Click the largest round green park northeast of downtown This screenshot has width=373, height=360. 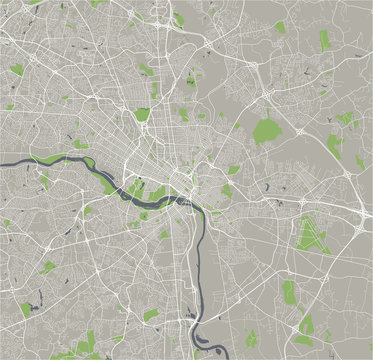[265, 130]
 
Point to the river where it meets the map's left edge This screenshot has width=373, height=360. [3, 163]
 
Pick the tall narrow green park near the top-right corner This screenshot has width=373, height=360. [324, 40]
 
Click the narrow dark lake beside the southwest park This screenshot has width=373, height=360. [38, 297]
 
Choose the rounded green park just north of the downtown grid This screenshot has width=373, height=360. [142, 114]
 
